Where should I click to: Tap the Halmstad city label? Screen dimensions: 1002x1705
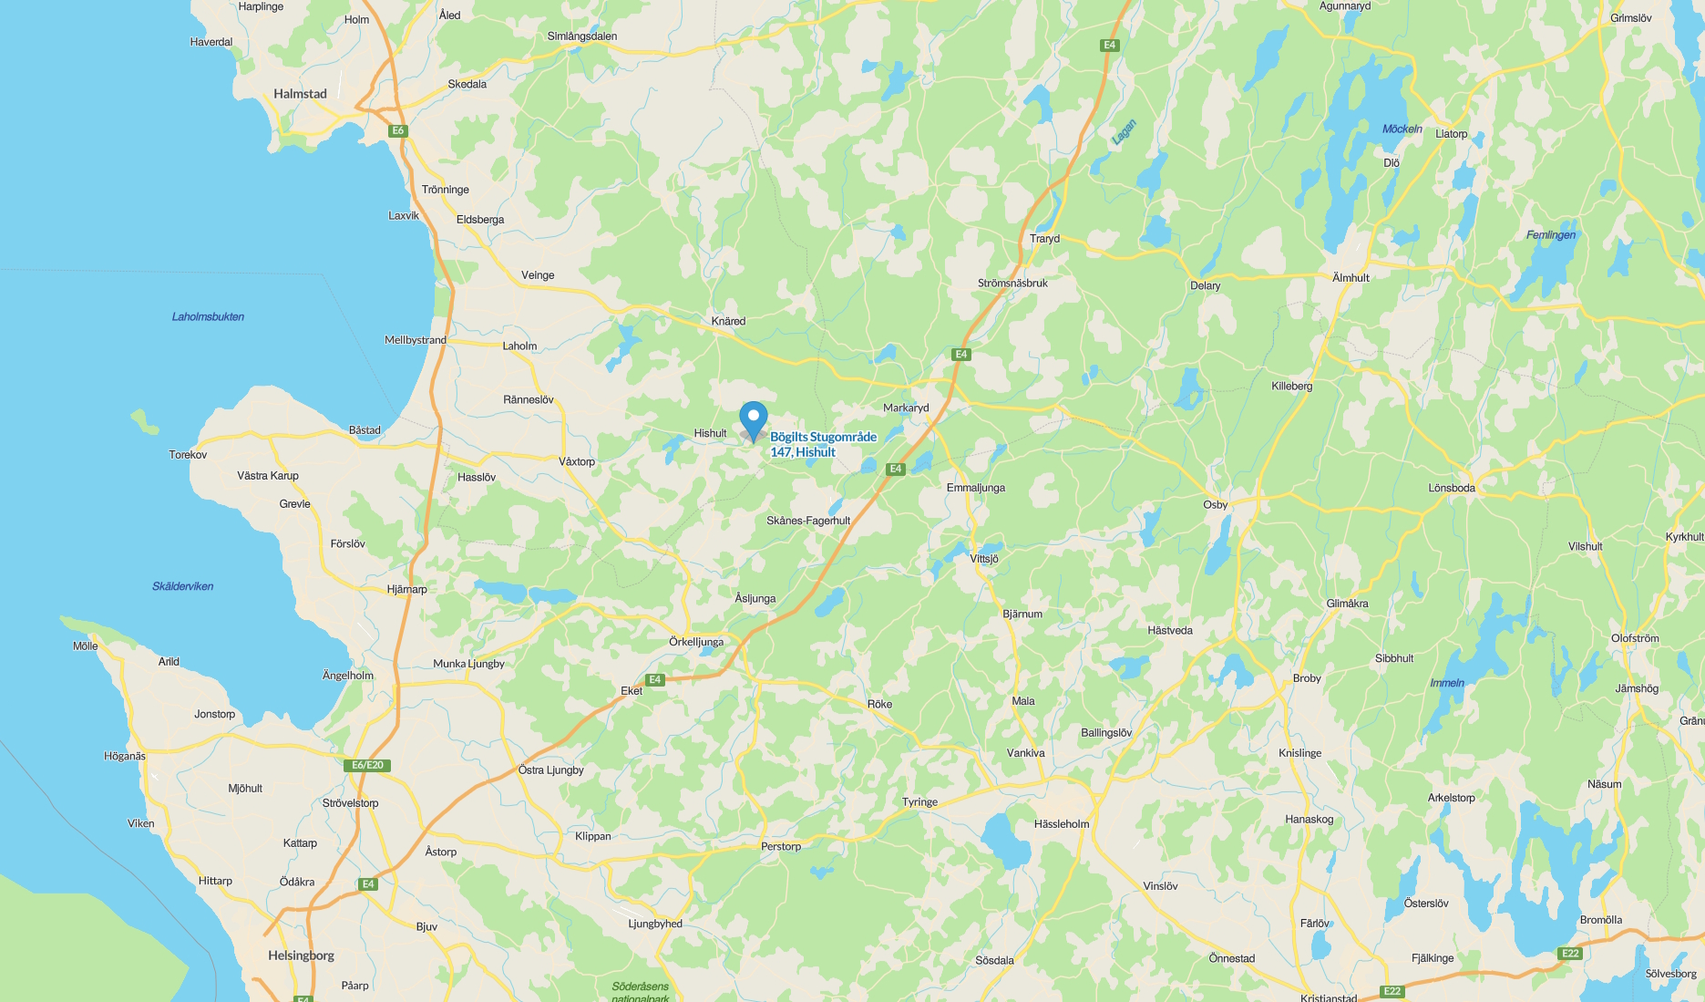pyautogui.click(x=300, y=94)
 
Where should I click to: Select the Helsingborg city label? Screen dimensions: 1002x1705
pyautogui.click(x=301, y=956)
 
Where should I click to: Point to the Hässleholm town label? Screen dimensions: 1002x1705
pyautogui.click(x=1062, y=824)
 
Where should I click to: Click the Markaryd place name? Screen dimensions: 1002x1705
pyautogui.click(x=906, y=408)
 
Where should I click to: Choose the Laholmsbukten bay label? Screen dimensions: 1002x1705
pyautogui.click(x=208, y=317)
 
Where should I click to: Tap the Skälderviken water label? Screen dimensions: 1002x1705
pyautogui.click(x=182, y=586)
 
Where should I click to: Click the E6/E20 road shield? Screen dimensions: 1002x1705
pyautogui.click(x=367, y=766)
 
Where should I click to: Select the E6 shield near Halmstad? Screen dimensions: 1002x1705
pyautogui.click(x=397, y=131)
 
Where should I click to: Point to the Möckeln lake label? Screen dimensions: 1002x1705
pyautogui.click(x=1402, y=129)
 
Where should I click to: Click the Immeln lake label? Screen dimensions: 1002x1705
pyautogui.click(x=1447, y=683)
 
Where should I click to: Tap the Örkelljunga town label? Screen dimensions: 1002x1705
pyautogui.click(x=696, y=642)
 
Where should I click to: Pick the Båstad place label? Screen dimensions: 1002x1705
pyautogui.click(x=365, y=430)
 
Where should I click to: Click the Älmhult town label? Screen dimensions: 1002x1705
pyautogui.click(x=1351, y=278)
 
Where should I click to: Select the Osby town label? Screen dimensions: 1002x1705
pyautogui.click(x=1215, y=505)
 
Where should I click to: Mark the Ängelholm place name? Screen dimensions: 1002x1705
pyautogui.click(x=348, y=676)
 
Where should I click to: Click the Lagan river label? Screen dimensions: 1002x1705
pyautogui.click(x=1124, y=132)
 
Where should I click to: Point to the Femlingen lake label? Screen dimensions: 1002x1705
pyautogui.click(x=1550, y=235)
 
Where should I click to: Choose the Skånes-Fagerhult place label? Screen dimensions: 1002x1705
pyautogui.click(x=807, y=522)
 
